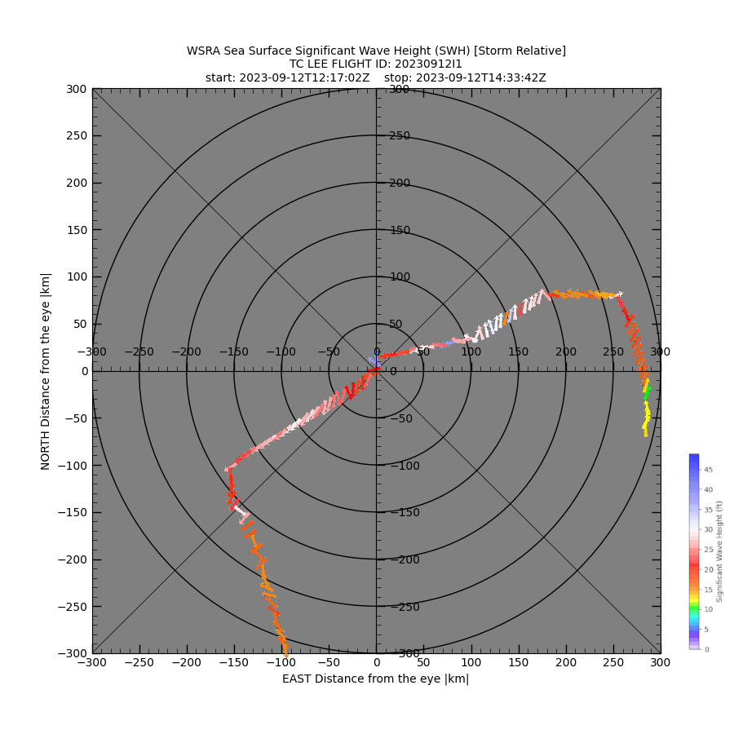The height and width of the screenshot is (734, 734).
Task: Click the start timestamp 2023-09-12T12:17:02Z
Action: click(303, 78)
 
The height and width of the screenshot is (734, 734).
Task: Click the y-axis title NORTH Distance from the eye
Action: click(46, 371)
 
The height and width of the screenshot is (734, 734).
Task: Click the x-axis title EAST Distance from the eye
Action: click(375, 679)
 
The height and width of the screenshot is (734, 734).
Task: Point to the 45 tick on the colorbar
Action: click(708, 470)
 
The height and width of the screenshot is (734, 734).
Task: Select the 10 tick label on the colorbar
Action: click(708, 609)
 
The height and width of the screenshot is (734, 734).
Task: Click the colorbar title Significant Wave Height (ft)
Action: click(720, 551)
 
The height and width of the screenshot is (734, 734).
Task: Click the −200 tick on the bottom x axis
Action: click(187, 663)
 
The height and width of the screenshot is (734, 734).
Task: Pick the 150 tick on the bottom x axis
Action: click(518, 663)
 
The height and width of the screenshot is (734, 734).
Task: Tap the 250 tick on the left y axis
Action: click(78, 136)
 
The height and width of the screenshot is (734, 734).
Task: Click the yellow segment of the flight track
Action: click(646, 416)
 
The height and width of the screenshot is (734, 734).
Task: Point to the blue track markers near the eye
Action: click(373, 360)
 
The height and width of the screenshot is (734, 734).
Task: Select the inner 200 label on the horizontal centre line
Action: click(566, 352)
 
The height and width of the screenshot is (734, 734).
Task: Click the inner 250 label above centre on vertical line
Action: click(399, 136)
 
